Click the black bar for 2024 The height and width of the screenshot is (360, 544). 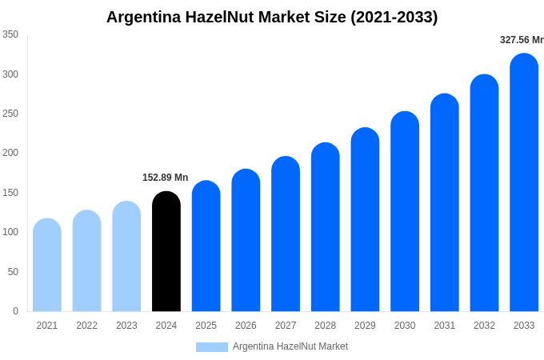[x=166, y=252]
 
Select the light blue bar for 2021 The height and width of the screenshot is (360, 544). [x=47, y=266]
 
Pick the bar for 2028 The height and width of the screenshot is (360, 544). [x=326, y=227]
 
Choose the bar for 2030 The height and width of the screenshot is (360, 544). [x=405, y=212]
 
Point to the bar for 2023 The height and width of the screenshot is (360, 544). [x=126, y=257]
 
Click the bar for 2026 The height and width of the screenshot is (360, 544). [x=246, y=241]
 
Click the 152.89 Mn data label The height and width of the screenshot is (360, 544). [x=165, y=178]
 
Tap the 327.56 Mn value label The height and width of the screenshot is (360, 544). [x=521, y=40]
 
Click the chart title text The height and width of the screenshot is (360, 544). [x=272, y=17]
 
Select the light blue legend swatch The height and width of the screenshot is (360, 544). [x=212, y=347]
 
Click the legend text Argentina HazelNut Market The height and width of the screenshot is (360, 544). [x=290, y=346]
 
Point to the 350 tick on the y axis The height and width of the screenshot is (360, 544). [x=10, y=34]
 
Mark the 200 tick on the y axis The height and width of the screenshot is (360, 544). [x=10, y=153]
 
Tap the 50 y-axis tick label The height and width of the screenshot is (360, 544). [x=13, y=272]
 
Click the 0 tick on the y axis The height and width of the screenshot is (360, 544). [x=15, y=311]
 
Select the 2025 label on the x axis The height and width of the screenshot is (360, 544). [x=206, y=326]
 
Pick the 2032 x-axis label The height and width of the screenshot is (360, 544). [x=484, y=326]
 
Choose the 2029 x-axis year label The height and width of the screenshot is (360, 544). [x=365, y=326]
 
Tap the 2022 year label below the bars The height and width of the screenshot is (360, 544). [x=86, y=326]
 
